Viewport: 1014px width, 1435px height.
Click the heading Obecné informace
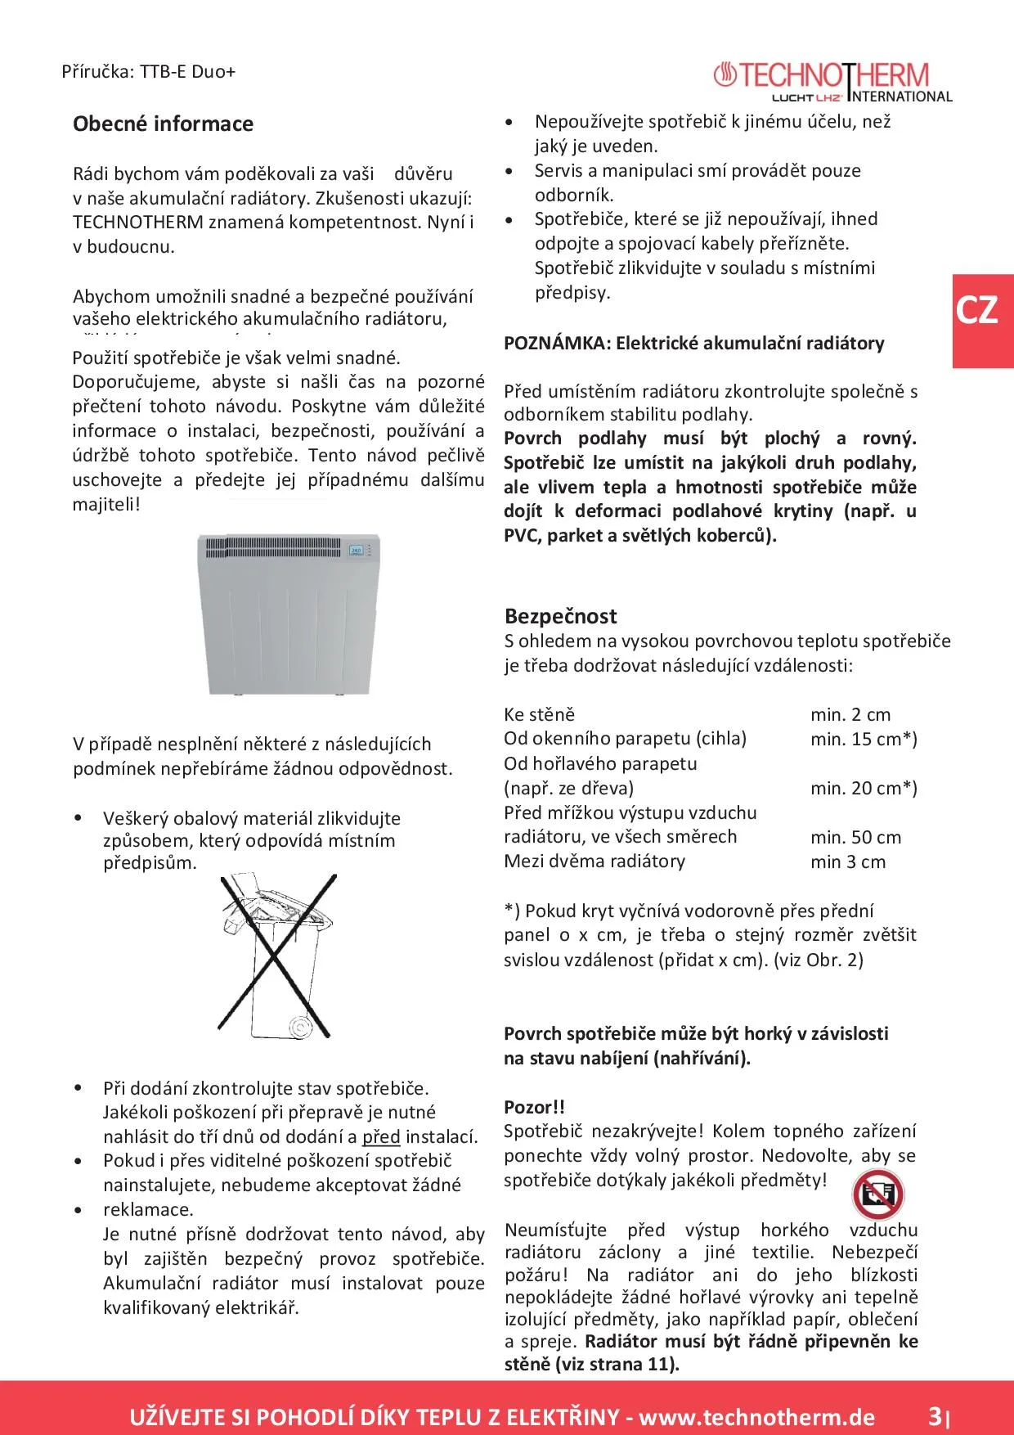click(x=163, y=124)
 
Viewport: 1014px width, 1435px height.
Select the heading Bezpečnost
click(x=560, y=616)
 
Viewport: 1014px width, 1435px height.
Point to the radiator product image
click(x=288, y=614)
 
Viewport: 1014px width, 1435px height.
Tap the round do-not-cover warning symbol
click(x=877, y=1194)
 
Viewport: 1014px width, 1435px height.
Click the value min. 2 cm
click(x=850, y=714)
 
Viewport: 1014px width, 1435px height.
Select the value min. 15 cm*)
click(x=864, y=739)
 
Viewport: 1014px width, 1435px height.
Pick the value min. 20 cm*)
click(x=864, y=788)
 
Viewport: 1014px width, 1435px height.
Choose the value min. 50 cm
click(x=855, y=837)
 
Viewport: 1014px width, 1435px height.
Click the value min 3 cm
click(x=848, y=861)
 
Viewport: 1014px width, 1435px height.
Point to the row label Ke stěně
click(x=539, y=714)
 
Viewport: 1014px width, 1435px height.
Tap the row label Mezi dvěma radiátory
click(x=594, y=861)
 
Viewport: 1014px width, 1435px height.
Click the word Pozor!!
click(x=534, y=1107)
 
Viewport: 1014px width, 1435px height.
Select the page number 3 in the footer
click(x=934, y=1415)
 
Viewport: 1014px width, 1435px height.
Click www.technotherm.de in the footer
click(x=756, y=1417)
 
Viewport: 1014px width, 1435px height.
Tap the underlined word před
click(x=381, y=1136)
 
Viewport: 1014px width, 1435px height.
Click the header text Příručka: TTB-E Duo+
click(x=148, y=71)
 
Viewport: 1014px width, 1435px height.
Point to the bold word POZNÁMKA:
click(x=557, y=343)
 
